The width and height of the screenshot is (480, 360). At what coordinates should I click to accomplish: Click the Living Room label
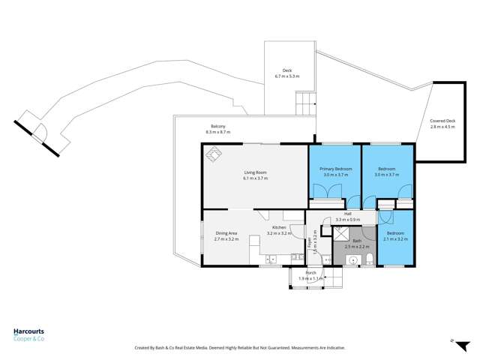coord(255,172)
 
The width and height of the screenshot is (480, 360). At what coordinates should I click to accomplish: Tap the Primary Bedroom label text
coord(334,169)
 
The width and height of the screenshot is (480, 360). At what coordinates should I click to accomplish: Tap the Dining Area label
coord(226,233)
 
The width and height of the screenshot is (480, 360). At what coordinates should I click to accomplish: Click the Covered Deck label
coord(442,121)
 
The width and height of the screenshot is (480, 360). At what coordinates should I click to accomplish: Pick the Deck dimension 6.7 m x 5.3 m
coord(287,76)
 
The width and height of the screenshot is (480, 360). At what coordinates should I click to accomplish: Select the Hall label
coord(348,214)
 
